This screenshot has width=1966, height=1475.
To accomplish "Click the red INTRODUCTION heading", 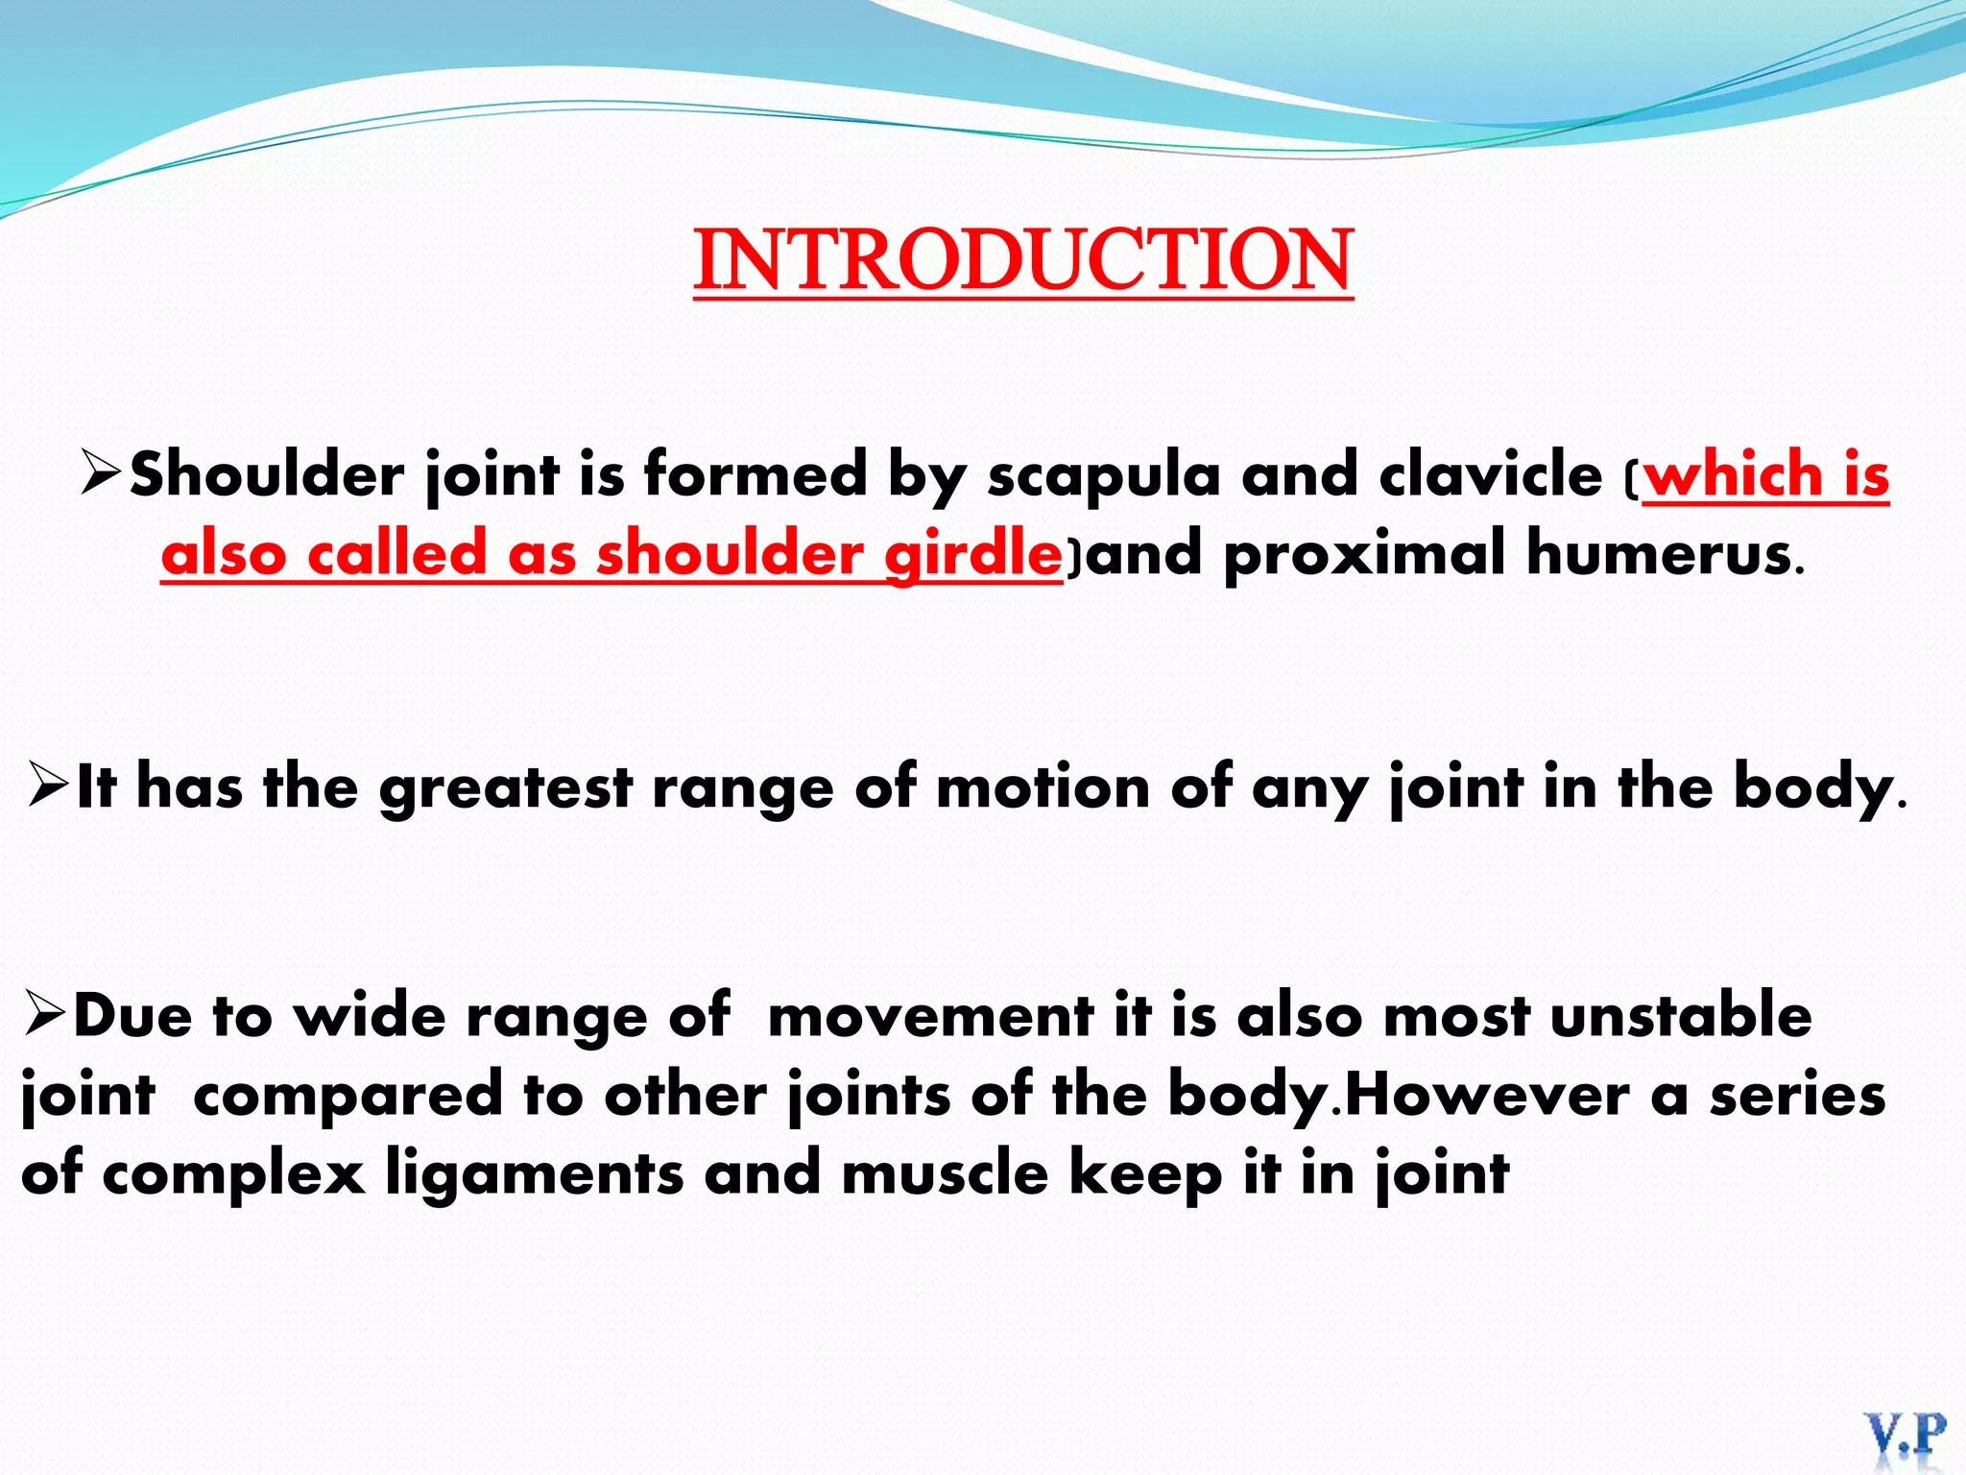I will pyautogui.click(x=1023, y=260).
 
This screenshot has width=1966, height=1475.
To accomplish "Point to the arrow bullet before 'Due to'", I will pyautogui.click(x=45, y=1015).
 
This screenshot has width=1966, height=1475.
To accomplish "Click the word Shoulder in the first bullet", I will pyautogui.click(x=267, y=474).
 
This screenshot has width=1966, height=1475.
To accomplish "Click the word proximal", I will pyautogui.click(x=1364, y=554).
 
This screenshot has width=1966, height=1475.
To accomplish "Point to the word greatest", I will pyautogui.click(x=506, y=787).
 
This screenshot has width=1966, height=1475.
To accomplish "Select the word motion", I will pyautogui.click(x=1043, y=786).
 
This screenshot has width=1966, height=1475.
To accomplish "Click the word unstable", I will pyautogui.click(x=1681, y=1015).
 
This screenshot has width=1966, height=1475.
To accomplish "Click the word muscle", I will pyautogui.click(x=945, y=1173).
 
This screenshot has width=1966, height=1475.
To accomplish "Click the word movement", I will pyautogui.click(x=930, y=1015).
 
